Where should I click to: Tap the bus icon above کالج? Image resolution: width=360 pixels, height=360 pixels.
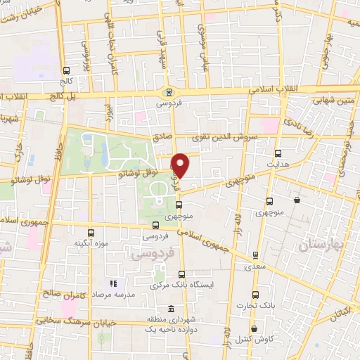tap(67, 70)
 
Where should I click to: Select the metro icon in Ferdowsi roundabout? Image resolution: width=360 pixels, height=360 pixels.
tap(168, 91)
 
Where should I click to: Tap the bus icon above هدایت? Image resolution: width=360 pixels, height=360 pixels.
tap(278, 153)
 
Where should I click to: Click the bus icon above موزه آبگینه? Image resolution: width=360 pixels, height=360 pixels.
tap(89, 233)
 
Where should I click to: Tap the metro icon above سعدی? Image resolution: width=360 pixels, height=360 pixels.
tap(256, 255)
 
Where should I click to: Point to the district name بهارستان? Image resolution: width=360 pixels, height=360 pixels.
tap(326, 245)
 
